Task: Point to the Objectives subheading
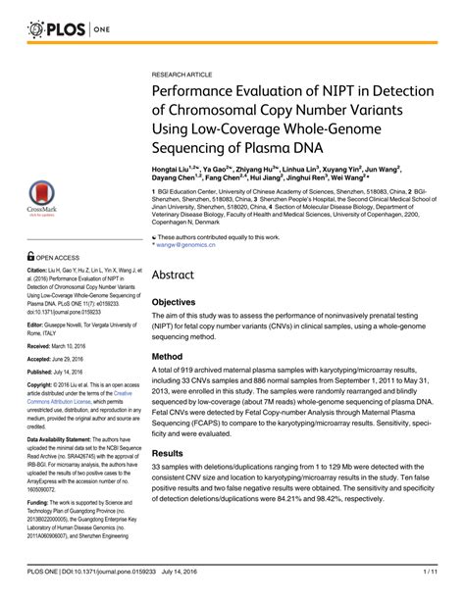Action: (x=183, y=304)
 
